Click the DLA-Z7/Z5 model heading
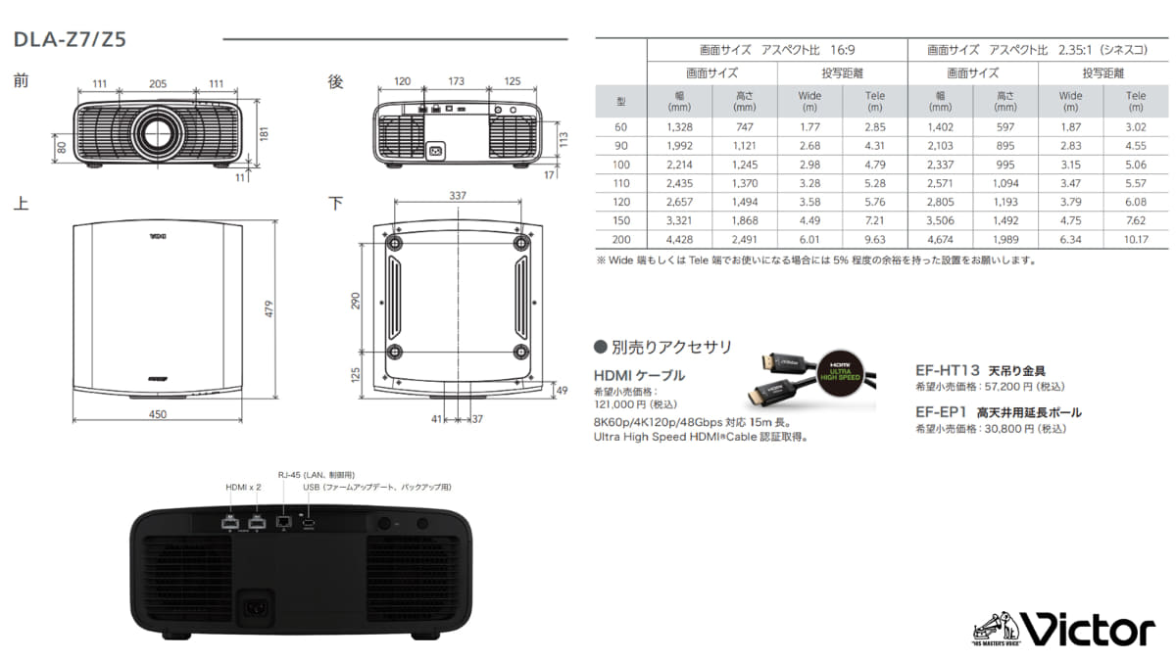click(x=69, y=40)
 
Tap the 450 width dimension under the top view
click(x=158, y=414)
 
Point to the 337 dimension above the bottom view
click(x=458, y=196)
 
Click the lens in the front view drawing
click(x=156, y=130)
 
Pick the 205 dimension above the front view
click(x=158, y=84)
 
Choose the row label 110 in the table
click(x=620, y=182)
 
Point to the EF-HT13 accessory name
click(x=947, y=371)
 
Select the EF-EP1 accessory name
click(x=942, y=412)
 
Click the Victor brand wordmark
click(x=1088, y=628)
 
